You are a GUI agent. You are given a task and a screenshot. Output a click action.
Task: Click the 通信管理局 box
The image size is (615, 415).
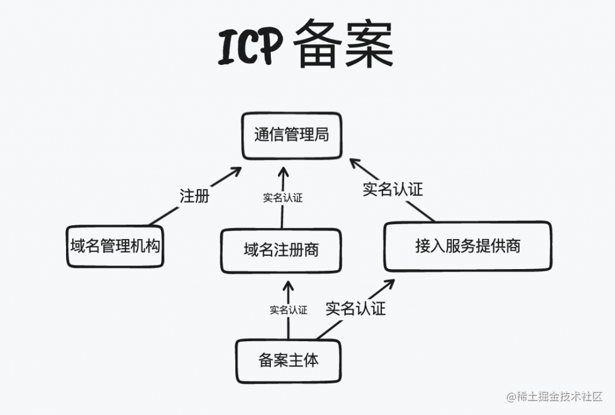[291, 135]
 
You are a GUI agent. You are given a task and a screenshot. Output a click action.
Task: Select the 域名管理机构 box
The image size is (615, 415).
[116, 246]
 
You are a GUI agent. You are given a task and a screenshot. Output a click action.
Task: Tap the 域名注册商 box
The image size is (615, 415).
[281, 250]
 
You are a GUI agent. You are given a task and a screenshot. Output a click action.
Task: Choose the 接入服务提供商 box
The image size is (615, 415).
[467, 246]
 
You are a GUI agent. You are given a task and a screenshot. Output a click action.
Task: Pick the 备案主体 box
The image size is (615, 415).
[288, 360]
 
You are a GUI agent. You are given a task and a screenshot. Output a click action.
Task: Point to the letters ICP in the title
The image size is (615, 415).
[250, 47]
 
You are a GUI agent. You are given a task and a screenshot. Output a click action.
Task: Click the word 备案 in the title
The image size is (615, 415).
[344, 46]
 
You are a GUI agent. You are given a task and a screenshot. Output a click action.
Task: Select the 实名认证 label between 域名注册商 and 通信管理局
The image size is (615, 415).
[282, 198]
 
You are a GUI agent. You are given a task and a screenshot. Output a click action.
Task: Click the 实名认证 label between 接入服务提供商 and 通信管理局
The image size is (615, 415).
[393, 189]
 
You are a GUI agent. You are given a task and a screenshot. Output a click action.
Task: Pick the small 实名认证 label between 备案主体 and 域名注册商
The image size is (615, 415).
[288, 310]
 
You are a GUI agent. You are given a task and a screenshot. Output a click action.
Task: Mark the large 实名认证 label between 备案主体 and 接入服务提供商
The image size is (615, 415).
[356, 309]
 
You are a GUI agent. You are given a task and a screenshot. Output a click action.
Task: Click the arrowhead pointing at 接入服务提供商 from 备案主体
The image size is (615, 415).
[390, 282]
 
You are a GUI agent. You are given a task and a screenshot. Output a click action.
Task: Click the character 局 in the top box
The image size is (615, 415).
[322, 135]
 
